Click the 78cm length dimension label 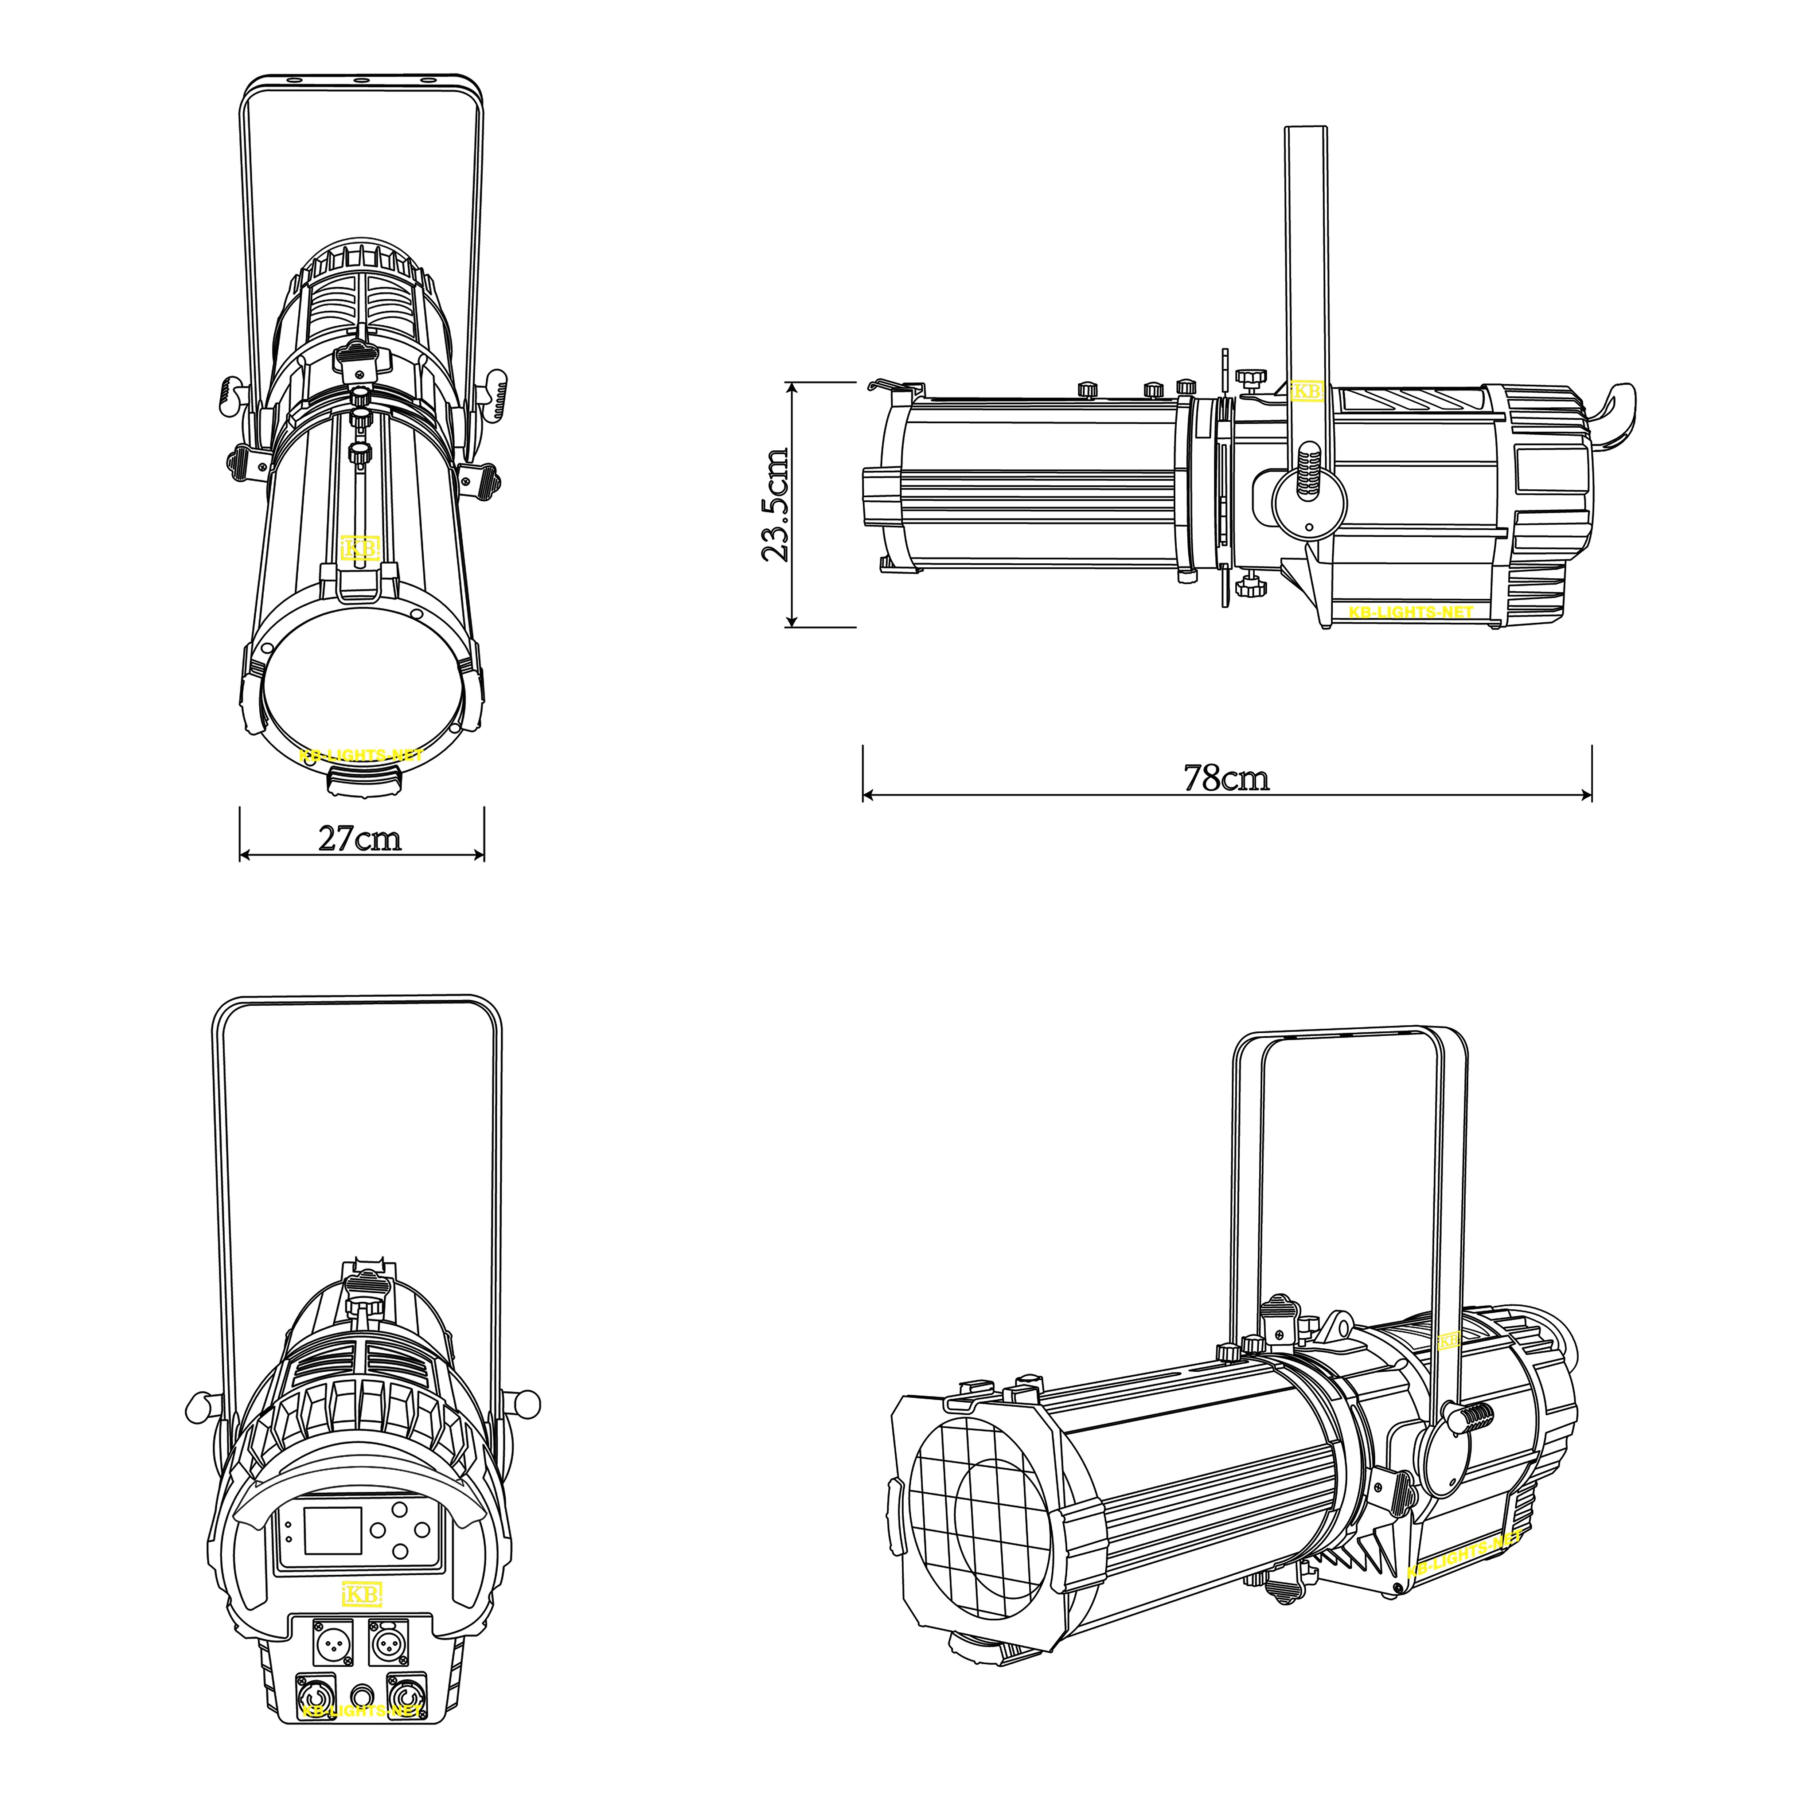tap(1226, 778)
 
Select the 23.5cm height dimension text tap(775, 504)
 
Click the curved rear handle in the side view tap(1617, 416)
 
